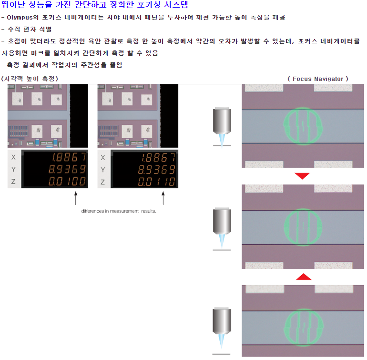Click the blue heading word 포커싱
coord(148,4)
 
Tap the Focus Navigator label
coord(318,79)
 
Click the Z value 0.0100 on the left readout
coord(67,181)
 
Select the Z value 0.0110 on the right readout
coord(157,181)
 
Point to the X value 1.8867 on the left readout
coord(69,157)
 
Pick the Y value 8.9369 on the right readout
coord(157,170)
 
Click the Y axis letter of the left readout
coord(13,169)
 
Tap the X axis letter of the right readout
coord(103,158)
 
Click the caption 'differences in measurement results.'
coord(119,211)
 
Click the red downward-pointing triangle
coord(302,176)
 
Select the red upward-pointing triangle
coord(304,277)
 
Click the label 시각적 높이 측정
coord(30,79)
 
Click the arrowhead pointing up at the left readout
coord(76,193)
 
